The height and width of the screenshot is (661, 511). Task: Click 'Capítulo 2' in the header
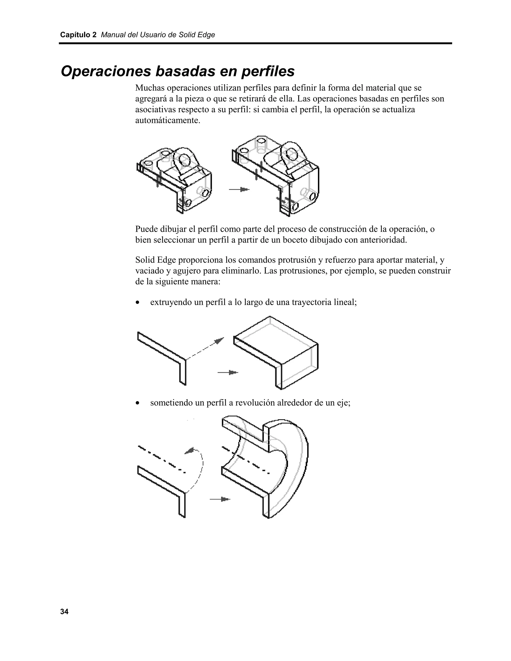(x=78, y=35)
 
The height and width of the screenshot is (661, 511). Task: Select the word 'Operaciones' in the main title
(x=106, y=71)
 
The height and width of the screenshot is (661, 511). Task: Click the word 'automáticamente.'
(x=168, y=120)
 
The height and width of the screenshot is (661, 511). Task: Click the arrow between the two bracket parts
(x=239, y=190)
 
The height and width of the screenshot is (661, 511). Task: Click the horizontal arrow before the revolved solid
(x=220, y=499)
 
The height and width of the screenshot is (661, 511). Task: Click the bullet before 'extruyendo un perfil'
(x=138, y=302)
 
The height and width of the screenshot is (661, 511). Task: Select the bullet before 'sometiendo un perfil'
(x=138, y=403)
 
